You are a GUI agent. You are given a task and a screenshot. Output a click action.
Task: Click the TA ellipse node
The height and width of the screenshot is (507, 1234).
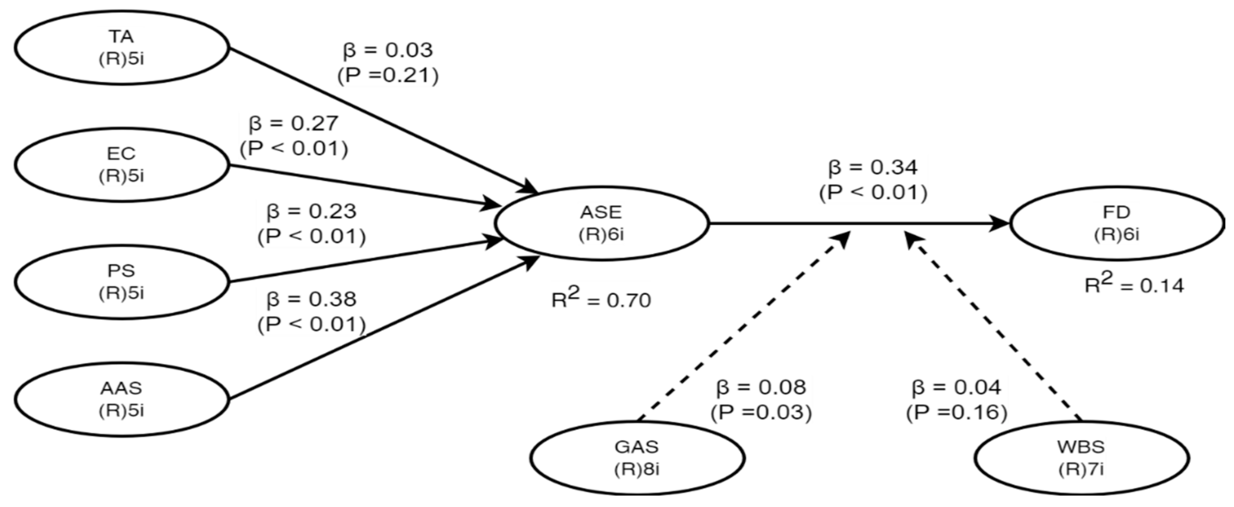click(122, 48)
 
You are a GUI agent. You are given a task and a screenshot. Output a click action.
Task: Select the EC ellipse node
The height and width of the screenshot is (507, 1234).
click(122, 165)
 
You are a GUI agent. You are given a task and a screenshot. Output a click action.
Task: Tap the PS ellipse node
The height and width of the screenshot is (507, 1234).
click(122, 282)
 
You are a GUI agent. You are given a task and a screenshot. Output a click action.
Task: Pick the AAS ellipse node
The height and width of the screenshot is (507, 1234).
click(122, 399)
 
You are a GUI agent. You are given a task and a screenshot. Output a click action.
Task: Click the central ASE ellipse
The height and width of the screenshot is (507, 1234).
click(601, 223)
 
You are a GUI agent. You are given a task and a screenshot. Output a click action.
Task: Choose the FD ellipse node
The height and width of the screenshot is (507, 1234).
click(1117, 223)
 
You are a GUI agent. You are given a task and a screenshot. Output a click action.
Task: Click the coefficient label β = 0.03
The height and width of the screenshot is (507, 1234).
click(388, 50)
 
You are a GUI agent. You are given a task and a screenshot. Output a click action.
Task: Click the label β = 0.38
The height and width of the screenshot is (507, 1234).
click(312, 299)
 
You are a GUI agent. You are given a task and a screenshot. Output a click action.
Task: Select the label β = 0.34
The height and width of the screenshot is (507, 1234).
click(873, 167)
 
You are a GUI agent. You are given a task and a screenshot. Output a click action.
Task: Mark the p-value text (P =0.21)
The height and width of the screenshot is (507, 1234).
click(388, 76)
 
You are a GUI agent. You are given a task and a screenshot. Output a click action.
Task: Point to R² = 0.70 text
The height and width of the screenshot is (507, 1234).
click(601, 299)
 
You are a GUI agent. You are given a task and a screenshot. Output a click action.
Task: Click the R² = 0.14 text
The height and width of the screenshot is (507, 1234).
click(1134, 285)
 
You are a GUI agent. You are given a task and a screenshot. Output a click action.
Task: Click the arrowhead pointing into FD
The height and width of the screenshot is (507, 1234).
click(1000, 223)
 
